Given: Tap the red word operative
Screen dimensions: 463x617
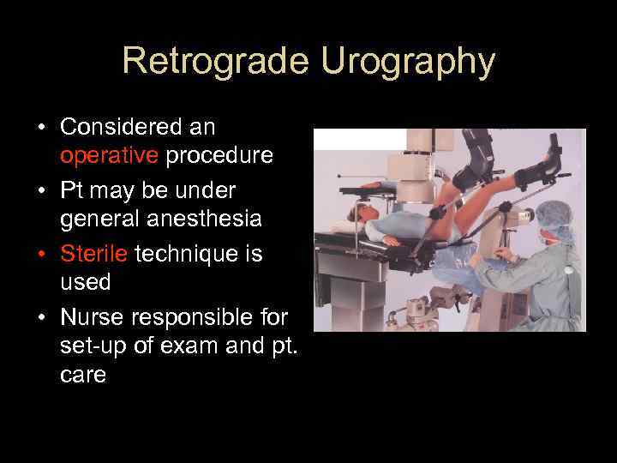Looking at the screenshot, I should tap(109, 156).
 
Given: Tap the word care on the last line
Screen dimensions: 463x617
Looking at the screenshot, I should tap(83, 376).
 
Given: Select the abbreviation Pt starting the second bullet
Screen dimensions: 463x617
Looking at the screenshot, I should tap(73, 189).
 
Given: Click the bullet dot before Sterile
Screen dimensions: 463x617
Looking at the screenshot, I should tap(40, 255).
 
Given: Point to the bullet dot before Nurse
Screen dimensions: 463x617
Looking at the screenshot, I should tap(40, 318).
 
